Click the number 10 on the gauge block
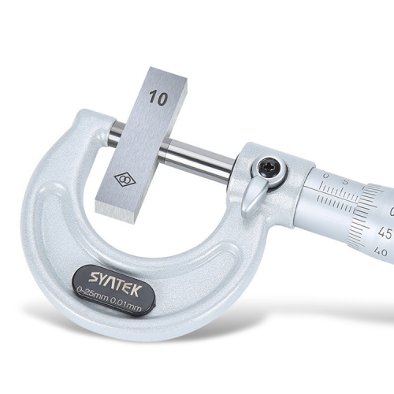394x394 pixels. [x=157, y=98]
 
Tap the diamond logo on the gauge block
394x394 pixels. [x=125, y=180]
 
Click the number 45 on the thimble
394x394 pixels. [x=385, y=233]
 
